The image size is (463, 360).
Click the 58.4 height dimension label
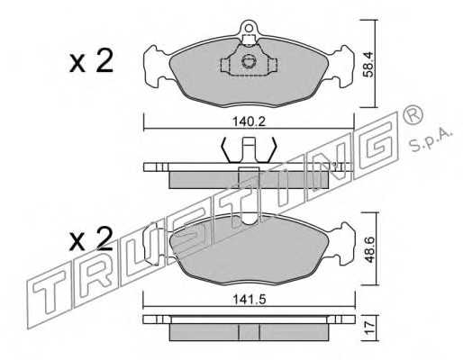pos(368,65)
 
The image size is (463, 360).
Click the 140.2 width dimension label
pos(250,121)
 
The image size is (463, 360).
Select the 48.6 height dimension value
pos(369,250)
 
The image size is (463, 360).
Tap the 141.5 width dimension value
pos(250,300)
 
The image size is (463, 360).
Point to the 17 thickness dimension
pos(370,328)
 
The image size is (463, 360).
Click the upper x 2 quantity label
pos(91,61)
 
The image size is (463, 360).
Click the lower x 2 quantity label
pos(91,239)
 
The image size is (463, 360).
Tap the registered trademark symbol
pos(413,114)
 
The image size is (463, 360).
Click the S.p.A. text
pos(431,140)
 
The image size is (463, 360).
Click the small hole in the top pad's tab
pos(249,28)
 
